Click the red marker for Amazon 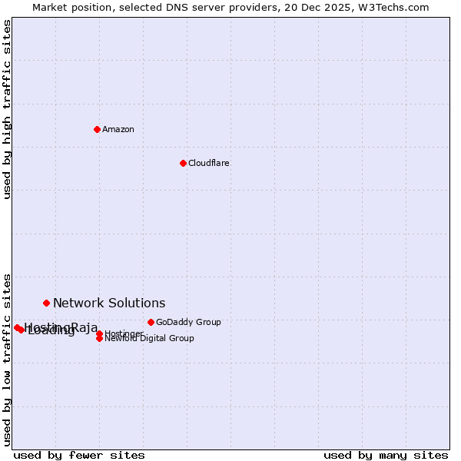click(97, 129)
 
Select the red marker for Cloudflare click(183, 163)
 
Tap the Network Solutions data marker click(46, 303)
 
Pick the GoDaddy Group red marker click(151, 322)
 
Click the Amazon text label click(118, 129)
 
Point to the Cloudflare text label click(209, 163)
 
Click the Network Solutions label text click(109, 303)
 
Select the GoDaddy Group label click(188, 322)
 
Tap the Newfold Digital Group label click(150, 339)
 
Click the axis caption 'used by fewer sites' click(79, 455)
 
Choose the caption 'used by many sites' click(386, 455)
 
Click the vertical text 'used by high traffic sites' click(7, 109)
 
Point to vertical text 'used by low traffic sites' click(7, 359)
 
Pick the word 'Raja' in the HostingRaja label click(85, 328)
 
